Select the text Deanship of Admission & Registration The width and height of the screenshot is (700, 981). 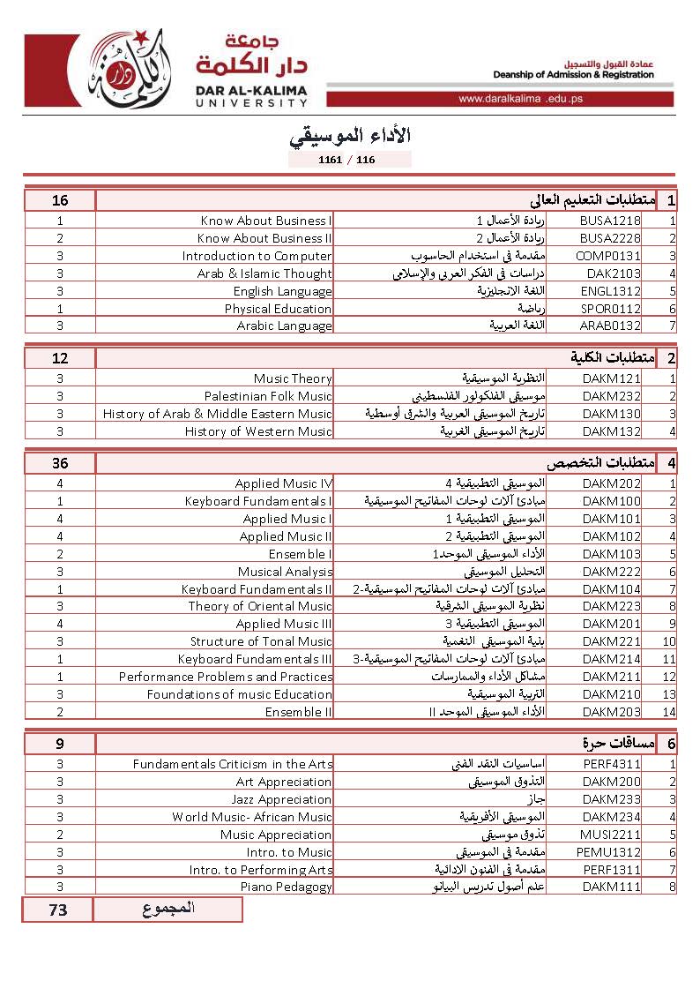[x=574, y=75]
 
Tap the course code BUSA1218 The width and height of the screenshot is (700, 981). [x=610, y=221]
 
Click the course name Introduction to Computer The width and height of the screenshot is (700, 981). [x=257, y=256]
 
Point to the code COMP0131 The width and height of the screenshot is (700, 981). [x=610, y=256]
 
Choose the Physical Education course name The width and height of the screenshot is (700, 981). [x=279, y=309]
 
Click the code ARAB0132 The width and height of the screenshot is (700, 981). [x=610, y=326]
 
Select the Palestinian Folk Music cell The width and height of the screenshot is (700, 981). [x=268, y=396]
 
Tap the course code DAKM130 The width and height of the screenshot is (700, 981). [x=611, y=414]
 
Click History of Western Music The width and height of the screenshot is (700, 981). [x=258, y=431]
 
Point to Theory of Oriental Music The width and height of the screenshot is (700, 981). [x=260, y=606]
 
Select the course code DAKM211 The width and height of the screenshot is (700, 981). [x=611, y=677]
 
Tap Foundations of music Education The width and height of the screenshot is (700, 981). [x=240, y=694]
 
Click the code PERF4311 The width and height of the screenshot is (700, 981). [x=610, y=764]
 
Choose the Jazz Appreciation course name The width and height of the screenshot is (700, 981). [x=282, y=799]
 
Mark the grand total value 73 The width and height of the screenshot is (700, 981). [x=58, y=910]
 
